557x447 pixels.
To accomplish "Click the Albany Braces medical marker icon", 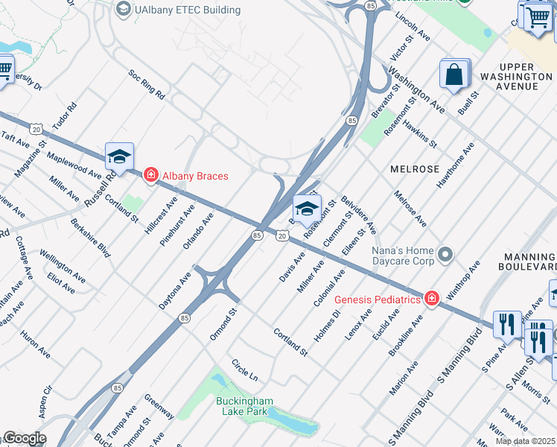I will pos(150,176).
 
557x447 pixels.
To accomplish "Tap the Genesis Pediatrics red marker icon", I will pos(431,299).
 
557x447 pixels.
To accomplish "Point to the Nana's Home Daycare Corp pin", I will pos(445,256).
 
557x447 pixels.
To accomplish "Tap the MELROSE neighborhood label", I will pos(415,169).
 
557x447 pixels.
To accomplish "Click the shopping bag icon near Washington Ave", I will pos(453,74).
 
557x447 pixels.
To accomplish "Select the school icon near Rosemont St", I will pos(306,209).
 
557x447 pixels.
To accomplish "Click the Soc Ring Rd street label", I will pos(147,85).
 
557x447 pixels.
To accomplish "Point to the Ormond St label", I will pos(223,324).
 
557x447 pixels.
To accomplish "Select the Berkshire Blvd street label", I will pos(90,238).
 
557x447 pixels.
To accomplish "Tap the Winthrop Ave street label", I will pos(463,280).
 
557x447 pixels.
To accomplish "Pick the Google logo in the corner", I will pos(24,438).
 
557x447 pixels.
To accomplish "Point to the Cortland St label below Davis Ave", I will pos(290,340).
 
